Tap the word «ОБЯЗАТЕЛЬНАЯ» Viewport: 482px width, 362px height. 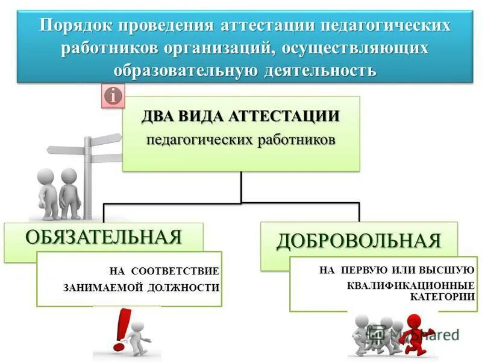tap(103, 236)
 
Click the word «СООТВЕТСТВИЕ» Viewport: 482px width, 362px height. tap(175, 271)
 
